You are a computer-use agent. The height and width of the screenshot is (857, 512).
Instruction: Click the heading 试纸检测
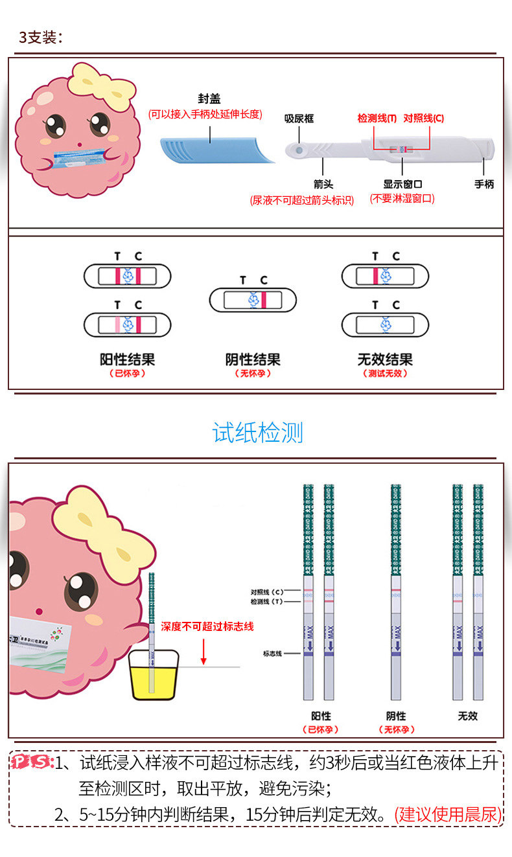coord(257,433)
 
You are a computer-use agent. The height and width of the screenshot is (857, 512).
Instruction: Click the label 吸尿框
coord(299,119)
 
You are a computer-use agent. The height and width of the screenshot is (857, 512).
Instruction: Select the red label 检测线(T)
coord(377,118)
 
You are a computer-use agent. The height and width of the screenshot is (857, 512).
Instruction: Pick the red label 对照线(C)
coord(423,118)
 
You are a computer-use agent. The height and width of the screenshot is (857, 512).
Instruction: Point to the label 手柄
coord(483,184)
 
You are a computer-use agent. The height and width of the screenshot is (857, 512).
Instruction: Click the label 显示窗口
coord(402,184)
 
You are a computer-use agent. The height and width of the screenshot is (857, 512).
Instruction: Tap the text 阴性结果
coord(253,360)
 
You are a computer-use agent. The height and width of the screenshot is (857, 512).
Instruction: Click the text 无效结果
coord(385,360)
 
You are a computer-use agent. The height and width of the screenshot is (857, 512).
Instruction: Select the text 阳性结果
coord(128,360)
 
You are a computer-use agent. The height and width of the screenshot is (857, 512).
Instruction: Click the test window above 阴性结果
coord(253,300)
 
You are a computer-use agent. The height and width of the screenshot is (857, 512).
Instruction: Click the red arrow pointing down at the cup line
coord(204,651)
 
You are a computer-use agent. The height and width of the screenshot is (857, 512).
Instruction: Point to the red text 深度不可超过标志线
coord(207,626)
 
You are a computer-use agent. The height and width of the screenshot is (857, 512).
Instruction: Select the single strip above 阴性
coord(395,593)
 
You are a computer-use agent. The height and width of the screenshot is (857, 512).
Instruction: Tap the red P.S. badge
coord(32,762)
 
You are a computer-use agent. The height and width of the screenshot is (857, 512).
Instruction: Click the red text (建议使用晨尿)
coord(448,814)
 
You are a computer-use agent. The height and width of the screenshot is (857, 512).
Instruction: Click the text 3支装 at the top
coord(41,37)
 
